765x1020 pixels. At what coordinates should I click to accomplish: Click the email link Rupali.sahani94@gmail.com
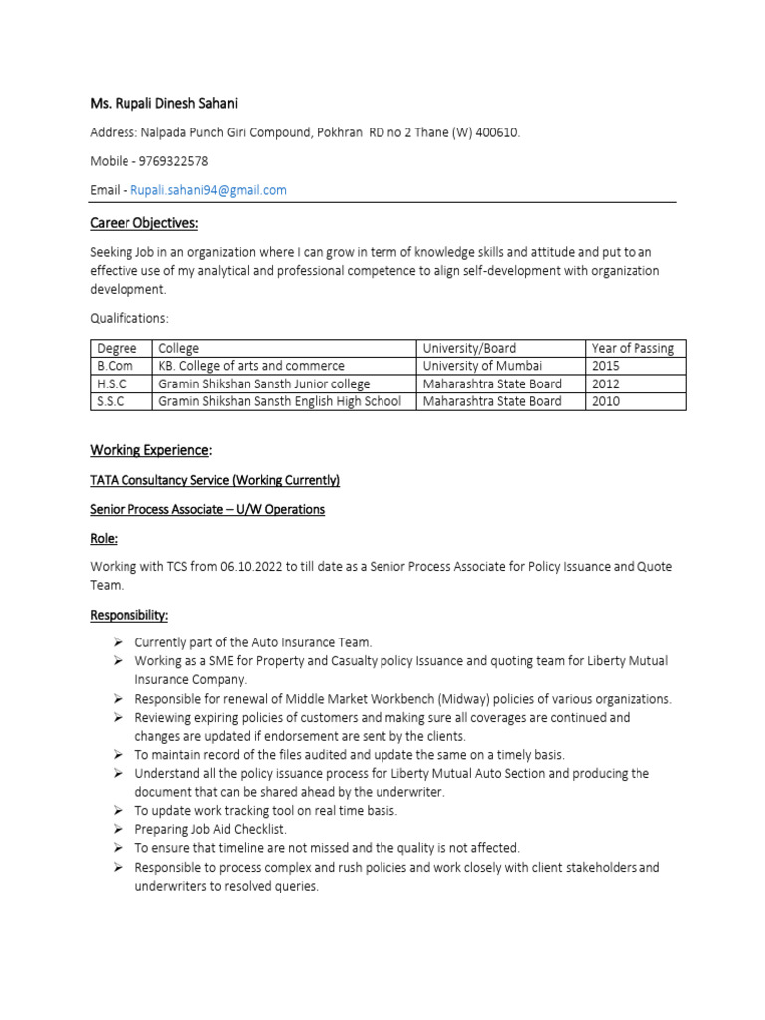coord(208,190)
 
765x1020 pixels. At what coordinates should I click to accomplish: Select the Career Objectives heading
coord(144,223)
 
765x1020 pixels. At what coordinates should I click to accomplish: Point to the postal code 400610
coord(495,132)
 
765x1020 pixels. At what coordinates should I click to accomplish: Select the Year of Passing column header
coord(632,348)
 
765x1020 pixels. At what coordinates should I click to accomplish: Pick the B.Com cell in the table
coord(115,366)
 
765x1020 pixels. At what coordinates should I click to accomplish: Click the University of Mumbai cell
coord(483,366)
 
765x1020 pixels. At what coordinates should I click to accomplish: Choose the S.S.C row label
coord(113,401)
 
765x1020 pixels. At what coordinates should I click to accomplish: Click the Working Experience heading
coord(151,451)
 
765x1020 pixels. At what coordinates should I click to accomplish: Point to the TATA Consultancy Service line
coord(214,480)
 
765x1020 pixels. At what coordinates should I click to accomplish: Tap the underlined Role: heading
coord(104,538)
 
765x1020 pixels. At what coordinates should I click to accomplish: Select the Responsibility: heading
coord(129,616)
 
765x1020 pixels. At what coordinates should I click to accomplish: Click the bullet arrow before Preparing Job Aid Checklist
coord(117,829)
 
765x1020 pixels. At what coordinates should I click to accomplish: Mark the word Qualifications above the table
coord(129,318)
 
